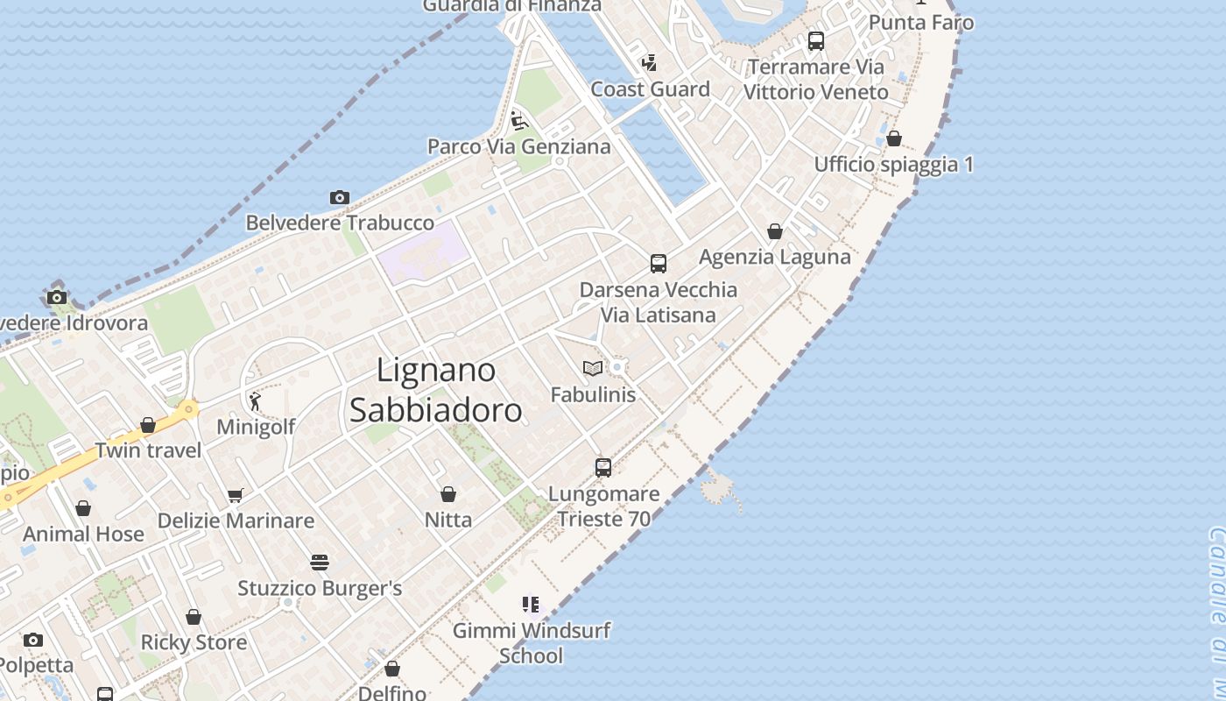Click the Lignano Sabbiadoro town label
435,390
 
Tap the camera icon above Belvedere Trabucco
340,198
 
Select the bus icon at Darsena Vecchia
658,264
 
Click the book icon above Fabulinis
593,369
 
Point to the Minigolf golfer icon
255,401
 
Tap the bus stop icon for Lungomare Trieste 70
603,468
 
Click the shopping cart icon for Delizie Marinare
235,496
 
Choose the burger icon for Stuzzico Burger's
320,563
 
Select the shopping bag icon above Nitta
448,494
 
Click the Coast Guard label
650,89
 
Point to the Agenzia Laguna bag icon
775,231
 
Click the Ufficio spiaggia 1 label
893,165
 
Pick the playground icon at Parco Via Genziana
518,121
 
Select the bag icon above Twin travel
148,425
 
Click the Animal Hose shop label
83,534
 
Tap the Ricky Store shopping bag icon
194,617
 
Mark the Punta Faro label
921,23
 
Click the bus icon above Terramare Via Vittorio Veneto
816,41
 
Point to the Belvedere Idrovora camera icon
57,297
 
